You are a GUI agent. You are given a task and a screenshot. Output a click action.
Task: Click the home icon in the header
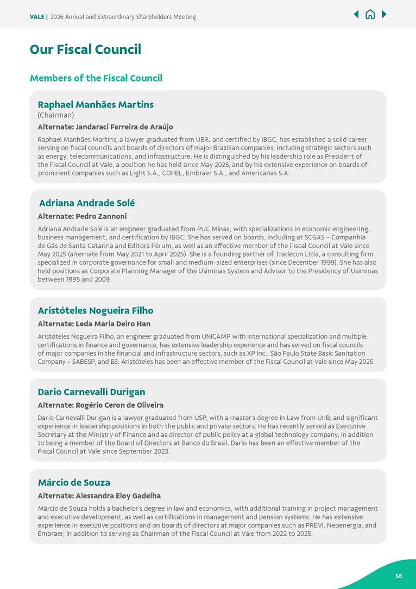370,15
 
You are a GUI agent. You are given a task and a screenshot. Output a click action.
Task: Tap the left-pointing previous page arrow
356,14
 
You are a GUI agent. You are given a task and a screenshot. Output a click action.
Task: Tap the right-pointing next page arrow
384,14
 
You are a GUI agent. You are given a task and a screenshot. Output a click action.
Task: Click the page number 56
399,576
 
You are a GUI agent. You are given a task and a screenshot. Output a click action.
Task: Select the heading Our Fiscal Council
85,49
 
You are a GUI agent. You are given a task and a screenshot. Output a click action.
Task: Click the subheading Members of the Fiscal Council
96,78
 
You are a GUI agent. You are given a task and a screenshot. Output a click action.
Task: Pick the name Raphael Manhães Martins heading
96,104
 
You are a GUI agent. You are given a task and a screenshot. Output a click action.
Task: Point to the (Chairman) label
55,115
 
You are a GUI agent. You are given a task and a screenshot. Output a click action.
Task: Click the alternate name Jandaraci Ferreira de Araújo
124,127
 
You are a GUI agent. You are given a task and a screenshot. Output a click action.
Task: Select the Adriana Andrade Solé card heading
87,203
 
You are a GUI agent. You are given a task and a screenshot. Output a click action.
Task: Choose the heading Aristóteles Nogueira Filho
96,311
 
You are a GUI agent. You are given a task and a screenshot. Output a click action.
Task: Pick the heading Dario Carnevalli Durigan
91,392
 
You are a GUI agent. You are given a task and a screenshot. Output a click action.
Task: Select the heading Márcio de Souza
74,482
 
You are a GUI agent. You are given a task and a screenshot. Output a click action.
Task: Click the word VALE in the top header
37,17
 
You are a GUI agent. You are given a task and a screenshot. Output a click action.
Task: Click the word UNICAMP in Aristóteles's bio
217,337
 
